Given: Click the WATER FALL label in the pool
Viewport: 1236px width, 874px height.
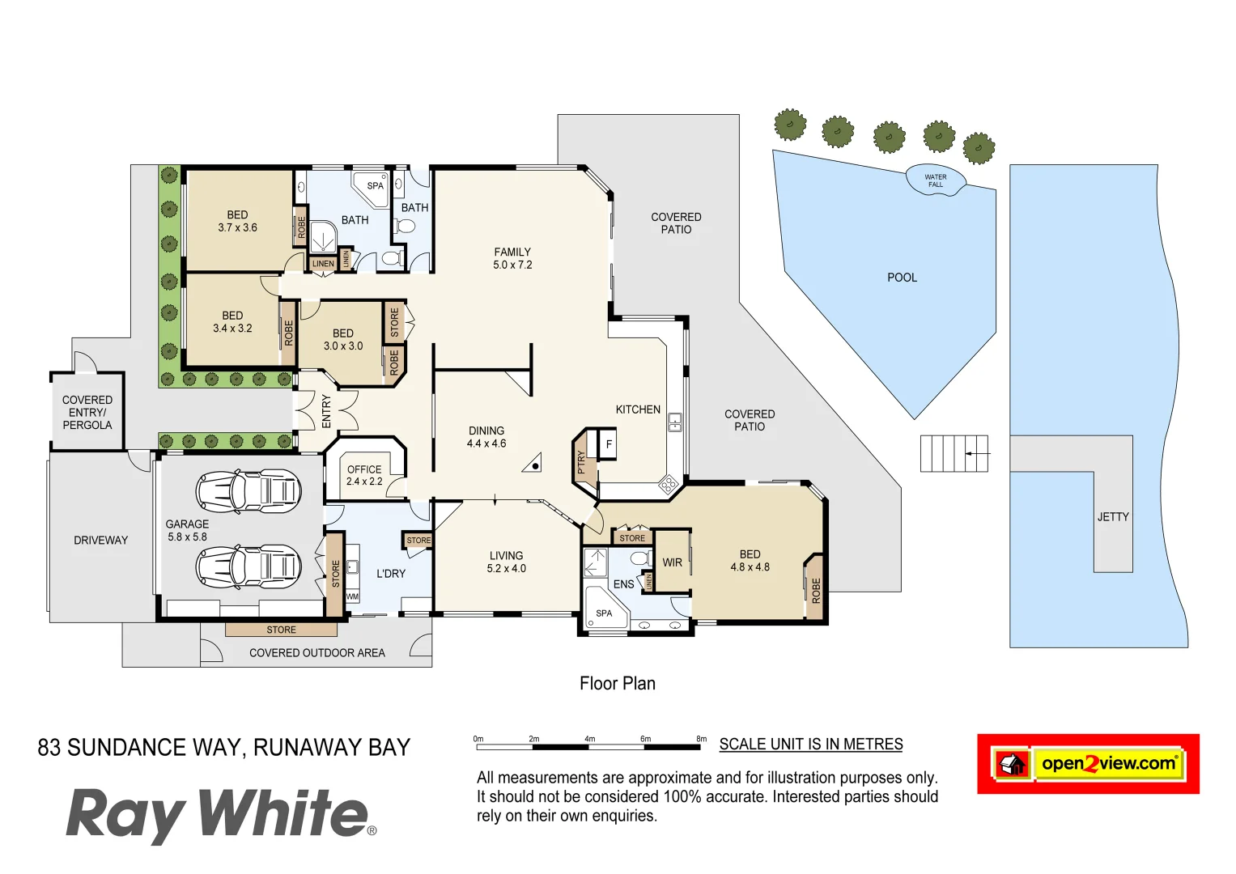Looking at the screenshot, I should coord(935,180).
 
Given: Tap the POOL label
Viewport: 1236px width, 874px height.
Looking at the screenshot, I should coord(902,278).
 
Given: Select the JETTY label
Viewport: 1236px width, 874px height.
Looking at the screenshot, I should coord(1113,516).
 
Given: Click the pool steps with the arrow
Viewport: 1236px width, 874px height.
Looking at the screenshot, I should coord(954,454).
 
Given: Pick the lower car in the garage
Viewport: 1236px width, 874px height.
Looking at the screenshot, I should coord(248,566).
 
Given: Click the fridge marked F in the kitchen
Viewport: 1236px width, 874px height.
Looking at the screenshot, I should coord(609,444).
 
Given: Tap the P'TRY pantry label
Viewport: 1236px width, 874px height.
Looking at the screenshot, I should coord(581,462).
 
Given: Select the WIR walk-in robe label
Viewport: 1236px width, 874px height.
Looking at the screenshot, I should coord(672,562).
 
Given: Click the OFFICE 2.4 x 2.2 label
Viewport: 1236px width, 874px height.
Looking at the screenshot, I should coord(364,475).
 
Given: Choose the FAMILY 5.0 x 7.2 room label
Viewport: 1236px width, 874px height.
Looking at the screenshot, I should coord(512,258).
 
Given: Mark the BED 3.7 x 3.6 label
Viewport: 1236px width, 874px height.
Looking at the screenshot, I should coord(237,221).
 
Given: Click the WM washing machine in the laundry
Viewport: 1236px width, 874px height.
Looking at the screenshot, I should coord(352,596).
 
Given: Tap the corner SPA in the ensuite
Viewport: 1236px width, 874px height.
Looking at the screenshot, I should coord(604,613).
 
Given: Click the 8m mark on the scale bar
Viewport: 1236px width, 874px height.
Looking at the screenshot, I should coord(701,740).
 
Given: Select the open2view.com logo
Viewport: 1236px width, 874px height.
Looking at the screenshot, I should coord(1088,763).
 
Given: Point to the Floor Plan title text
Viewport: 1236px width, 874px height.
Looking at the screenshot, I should coord(617,684).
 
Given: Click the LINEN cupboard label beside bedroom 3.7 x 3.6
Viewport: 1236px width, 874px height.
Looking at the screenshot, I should coord(323,264).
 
